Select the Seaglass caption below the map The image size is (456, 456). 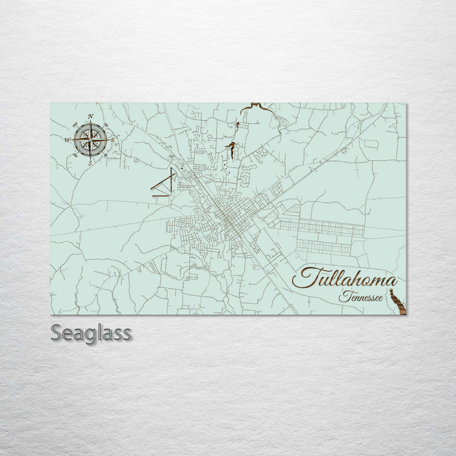click(91, 332)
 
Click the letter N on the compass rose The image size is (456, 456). click(91, 117)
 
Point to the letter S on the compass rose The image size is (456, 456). click(90, 163)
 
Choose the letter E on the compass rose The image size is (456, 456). click(113, 139)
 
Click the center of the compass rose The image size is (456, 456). click(91, 139)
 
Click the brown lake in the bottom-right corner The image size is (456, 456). click(397, 300)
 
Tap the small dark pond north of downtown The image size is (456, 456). click(232, 149)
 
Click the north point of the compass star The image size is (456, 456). click(91, 124)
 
